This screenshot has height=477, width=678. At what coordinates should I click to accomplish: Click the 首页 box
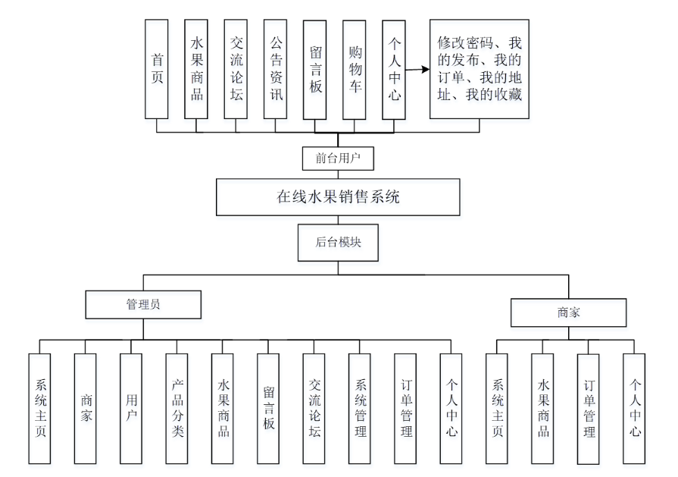(157, 69)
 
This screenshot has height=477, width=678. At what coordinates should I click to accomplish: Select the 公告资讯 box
(276, 69)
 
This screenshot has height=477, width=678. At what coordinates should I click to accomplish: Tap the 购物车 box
(354, 70)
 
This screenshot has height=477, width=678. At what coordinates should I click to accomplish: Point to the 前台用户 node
(338, 158)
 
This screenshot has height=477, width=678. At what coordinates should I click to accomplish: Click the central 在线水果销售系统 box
(338, 197)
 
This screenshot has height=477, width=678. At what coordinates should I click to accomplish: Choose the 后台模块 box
(338, 243)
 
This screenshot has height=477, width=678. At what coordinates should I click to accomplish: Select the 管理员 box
(143, 304)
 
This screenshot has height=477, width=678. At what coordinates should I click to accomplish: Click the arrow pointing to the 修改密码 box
(417, 69)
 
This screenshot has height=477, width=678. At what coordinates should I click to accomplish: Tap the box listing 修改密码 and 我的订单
(480, 69)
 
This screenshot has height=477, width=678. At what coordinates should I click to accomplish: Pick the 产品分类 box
(177, 409)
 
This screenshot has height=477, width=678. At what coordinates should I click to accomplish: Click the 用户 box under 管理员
(131, 409)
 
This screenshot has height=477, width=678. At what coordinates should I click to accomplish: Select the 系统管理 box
(360, 409)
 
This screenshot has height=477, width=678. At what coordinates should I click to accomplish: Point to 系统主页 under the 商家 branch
(497, 409)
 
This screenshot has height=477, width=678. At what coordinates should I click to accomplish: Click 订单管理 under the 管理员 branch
(405, 409)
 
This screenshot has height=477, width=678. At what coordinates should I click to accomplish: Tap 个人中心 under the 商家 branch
(634, 409)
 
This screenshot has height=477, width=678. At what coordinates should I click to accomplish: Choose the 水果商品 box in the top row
(196, 69)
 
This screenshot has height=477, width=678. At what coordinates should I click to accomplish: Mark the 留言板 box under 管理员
(268, 409)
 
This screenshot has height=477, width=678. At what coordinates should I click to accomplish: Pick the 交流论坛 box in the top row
(236, 69)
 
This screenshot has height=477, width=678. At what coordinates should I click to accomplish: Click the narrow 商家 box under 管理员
(85, 409)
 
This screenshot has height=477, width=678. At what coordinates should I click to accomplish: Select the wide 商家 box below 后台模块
(569, 312)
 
